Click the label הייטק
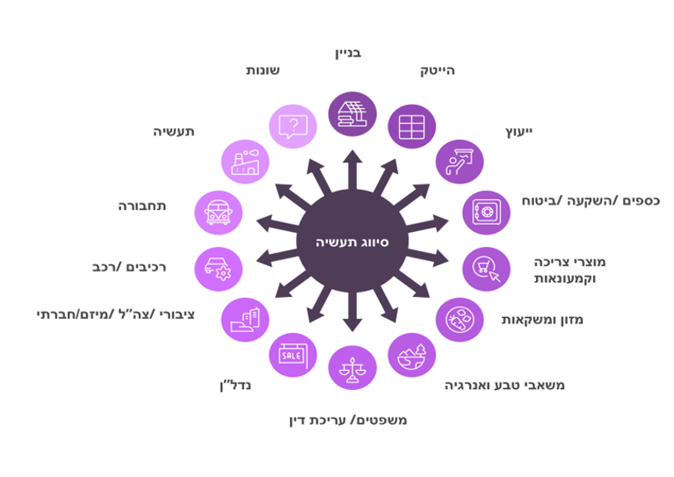point(437,71)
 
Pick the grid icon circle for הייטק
point(411,127)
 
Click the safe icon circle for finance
point(486,213)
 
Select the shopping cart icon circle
point(486,269)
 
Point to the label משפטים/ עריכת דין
point(347,419)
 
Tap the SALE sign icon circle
point(292,355)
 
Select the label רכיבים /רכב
point(130,268)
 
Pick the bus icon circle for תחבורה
point(218,213)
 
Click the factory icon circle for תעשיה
point(245,162)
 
